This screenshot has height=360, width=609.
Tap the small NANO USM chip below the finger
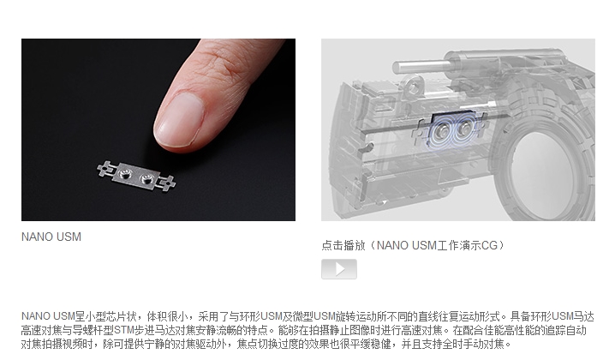(137, 177)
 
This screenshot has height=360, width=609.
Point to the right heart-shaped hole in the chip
(149, 181)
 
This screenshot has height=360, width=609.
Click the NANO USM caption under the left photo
(51, 237)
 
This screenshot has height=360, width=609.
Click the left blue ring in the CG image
(443, 131)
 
